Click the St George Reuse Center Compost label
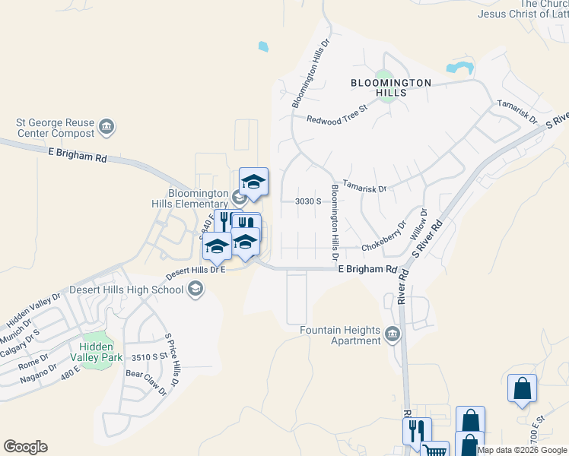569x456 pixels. click(56, 128)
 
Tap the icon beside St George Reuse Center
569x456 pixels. click(106, 126)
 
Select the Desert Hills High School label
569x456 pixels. click(126, 290)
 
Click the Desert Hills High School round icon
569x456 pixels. click(196, 288)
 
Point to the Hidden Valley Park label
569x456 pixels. click(97, 351)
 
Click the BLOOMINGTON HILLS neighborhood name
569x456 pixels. click(390, 87)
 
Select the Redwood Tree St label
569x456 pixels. click(336, 113)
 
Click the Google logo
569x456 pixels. click(25, 447)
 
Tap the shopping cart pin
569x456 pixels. click(434, 450)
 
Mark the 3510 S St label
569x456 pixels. click(148, 356)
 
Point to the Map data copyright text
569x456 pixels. click(522, 450)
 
